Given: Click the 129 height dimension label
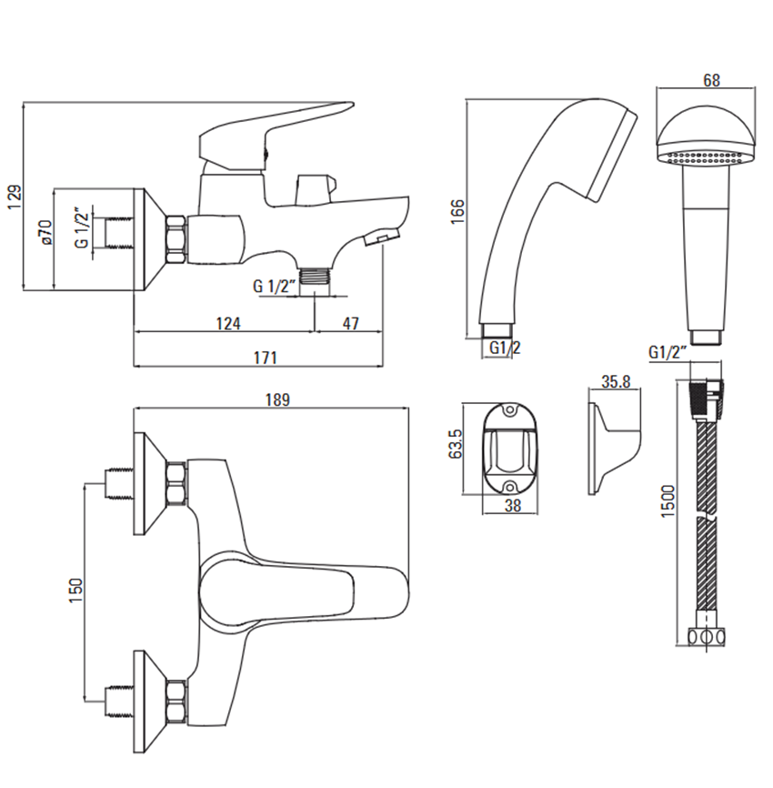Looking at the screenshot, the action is [x=15, y=197].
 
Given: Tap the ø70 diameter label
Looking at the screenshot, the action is [x=45, y=232].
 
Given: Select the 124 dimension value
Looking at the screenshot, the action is [x=228, y=323].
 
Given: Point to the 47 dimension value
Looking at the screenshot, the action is [x=351, y=323].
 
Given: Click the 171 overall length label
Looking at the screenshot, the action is [x=266, y=358].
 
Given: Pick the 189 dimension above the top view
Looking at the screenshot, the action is [x=277, y=399].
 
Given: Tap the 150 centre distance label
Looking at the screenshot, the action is [x=75, y=591].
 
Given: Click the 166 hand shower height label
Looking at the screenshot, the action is [x=457, y=212].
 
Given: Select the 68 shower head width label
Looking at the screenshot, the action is [x=711, y=80].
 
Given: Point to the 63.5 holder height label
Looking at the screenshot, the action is [x=455, y=443].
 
